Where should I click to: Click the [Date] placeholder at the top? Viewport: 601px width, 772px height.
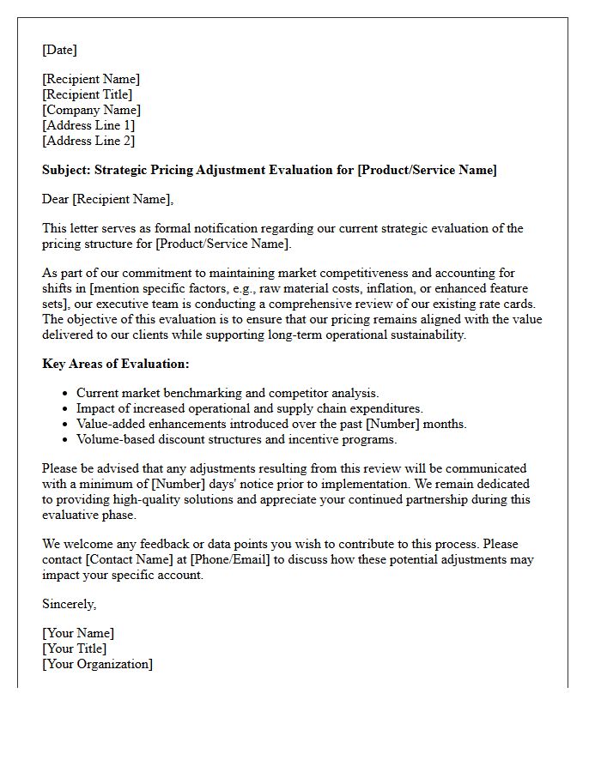point(59,50)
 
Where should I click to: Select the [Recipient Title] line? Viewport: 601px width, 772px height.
point(87,94)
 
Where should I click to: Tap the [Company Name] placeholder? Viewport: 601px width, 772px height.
point(91,110)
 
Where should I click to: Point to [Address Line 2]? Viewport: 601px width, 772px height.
point(88,141)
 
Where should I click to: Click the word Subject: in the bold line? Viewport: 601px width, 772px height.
point(66,170)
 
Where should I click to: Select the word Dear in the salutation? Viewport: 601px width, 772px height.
point(56,199)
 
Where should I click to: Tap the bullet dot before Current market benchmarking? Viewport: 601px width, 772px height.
point(66,394)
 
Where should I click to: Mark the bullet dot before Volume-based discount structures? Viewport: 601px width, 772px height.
point(66,440)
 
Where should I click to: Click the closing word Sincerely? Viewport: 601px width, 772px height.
point(70,604)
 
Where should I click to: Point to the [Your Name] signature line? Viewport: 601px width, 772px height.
point(78,633)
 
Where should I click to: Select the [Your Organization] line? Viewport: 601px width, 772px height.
point(97,664)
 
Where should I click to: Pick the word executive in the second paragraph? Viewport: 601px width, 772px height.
point(144,304)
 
